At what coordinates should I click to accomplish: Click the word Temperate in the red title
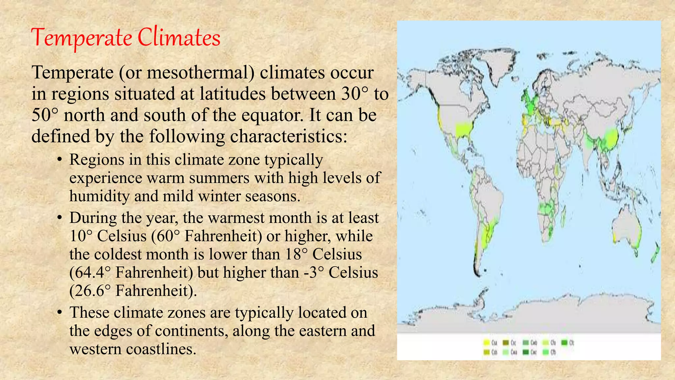point(82,38)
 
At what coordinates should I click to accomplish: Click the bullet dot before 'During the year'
point(59,218)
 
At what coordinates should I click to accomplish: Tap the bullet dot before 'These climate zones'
point(59,313)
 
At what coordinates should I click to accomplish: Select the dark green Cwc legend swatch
point(526,352)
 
